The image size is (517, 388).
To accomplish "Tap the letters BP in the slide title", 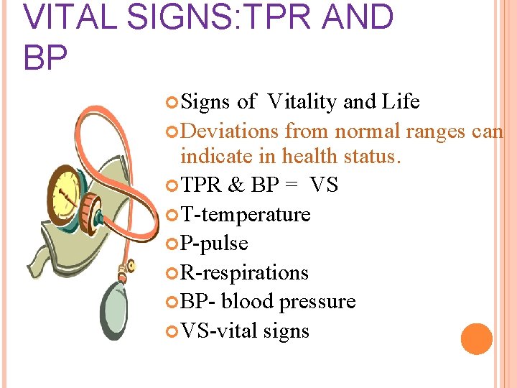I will [46, 57].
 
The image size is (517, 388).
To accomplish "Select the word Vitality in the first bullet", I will [302, 102].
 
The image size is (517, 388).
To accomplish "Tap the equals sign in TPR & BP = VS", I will [291, 185].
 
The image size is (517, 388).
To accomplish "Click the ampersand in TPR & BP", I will [236, 185].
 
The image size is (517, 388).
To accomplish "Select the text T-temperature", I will [246, 215].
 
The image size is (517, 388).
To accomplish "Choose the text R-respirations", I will [244, 273].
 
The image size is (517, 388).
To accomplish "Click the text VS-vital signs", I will [245, 331].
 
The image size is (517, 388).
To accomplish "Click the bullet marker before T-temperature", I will [172, 215].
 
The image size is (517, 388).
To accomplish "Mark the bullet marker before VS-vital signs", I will [172, 331].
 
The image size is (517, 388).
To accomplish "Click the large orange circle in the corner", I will [477, 339].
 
